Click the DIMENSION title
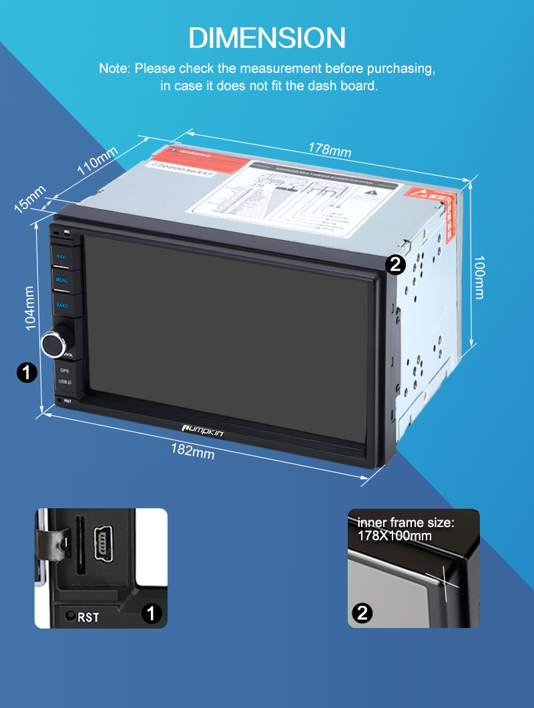coord(267,37)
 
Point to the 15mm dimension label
coord(30,198)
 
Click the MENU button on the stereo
coord(62,281)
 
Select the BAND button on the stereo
coord(62,305)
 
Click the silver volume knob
coord(53,342)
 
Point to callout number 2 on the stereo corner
coord(395,265)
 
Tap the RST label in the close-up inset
coord(88,617)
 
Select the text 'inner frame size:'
coord(405,522)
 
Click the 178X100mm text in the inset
coord(394,536)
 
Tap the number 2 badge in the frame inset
coord(362,613)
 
